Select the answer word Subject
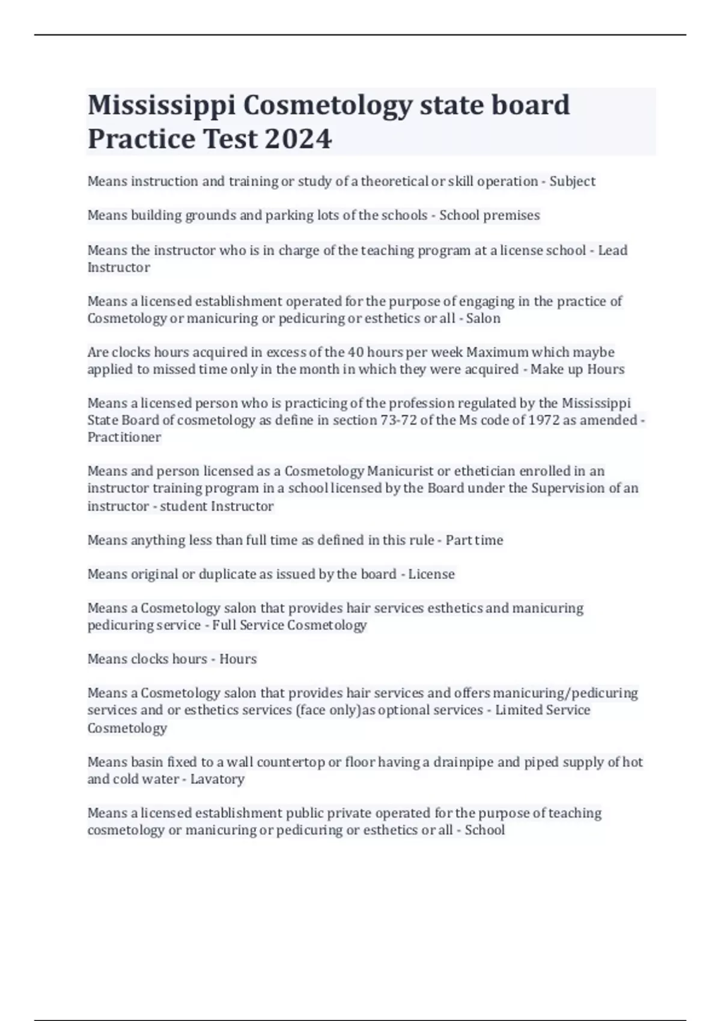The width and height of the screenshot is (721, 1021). pyautogui.click(x=572, y=181)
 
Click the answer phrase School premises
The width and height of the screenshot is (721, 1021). pyautogui.click(x=489, y=215)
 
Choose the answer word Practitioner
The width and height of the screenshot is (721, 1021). pyautogui.click(x=124, y=437)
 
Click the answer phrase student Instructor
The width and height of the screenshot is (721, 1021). pyautogui.click(x=217, y=506)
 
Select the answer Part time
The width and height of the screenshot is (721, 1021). pyautogui.click(x=474, y=540)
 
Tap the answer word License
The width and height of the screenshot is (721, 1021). pyautogui.click(x=431, y=574)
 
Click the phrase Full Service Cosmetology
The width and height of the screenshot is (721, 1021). pyautogui.click(x=290, y=625)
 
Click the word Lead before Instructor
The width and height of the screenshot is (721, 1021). pyautogui.click(x=612, y=250)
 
